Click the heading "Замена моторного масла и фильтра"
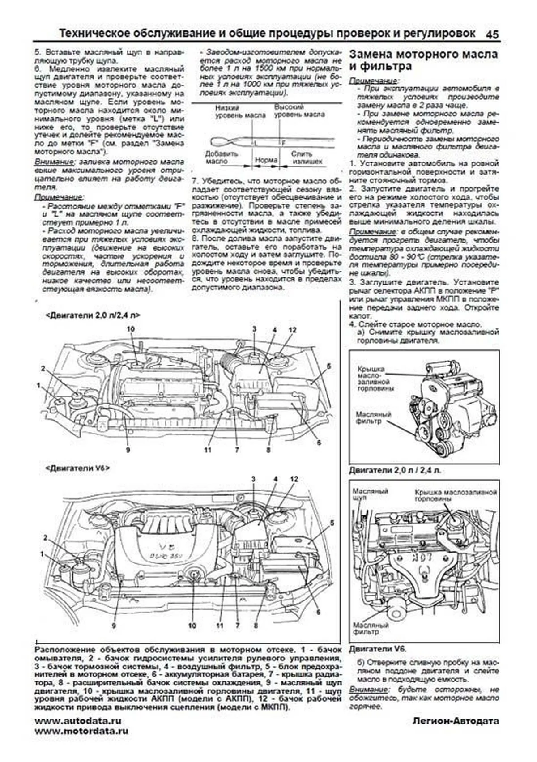point(423,60)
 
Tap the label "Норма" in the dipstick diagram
point(266,160)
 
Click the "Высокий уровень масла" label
point(299,111)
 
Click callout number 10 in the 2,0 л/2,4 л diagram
point(130,329)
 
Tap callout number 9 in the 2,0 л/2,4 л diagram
point(128,450)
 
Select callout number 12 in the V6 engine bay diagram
point(294,479)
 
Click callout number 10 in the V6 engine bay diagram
point(192,625)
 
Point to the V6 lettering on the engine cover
point(162,546)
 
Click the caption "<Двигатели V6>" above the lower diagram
point(77,468)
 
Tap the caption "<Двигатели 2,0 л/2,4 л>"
point(93,315)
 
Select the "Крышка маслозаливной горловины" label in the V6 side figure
point(455,495)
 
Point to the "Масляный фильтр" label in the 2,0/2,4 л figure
point(373,418)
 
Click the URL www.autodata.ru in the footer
point(77,721)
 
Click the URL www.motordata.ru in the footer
point(81,731)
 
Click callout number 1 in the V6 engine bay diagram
point(43,554)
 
